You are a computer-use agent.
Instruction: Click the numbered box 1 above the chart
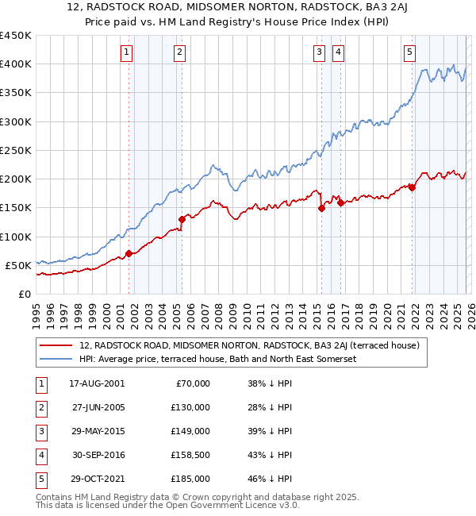pos(127,52)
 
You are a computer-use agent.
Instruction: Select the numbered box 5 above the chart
pos(409,52)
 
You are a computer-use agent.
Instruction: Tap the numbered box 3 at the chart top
pos(318,52)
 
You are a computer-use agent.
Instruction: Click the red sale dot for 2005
pos(182,219)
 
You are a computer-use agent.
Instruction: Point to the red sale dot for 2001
pos(129,253)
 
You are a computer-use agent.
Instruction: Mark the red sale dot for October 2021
pos(413,187)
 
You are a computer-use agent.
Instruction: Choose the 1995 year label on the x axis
pos(36,314)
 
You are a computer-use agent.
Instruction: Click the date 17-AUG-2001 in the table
pos(97,383)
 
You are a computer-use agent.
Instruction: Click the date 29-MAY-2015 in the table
pos(97,431)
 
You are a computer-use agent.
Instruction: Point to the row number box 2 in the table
pos(40,407)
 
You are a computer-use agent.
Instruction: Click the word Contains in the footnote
pos(54,497)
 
